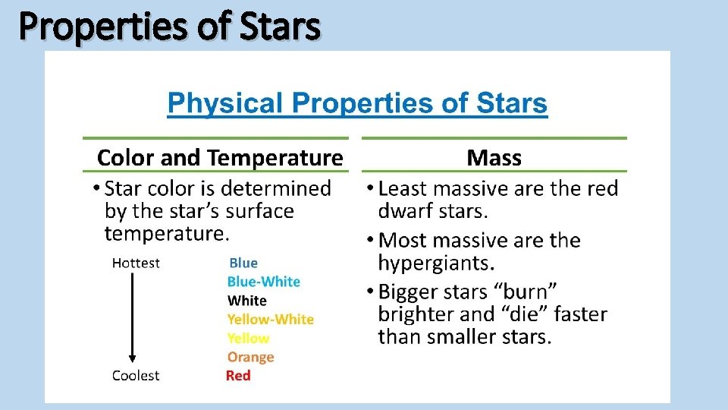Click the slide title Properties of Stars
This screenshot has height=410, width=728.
(170, 27)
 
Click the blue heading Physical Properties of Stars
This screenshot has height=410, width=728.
(357, 102)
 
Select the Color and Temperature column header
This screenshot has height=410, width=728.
(220, 158)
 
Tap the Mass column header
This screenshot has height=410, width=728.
(494, 158)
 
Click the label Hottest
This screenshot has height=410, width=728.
(136, 263)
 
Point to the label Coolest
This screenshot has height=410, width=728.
(136, 376)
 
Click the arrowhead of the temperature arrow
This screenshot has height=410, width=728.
(133, 358)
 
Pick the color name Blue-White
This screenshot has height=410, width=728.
(264, 282)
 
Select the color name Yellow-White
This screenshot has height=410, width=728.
(271, 320)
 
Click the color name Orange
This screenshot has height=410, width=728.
(250, 357)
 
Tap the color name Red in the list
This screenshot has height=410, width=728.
(238, 376)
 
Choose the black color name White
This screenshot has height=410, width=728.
(247, 301)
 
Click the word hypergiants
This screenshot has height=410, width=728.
(435, 263)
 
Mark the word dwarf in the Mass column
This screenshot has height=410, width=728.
(406, 210)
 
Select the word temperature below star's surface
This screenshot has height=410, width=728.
(165, 233)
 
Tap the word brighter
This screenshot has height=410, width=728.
(418, 314)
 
